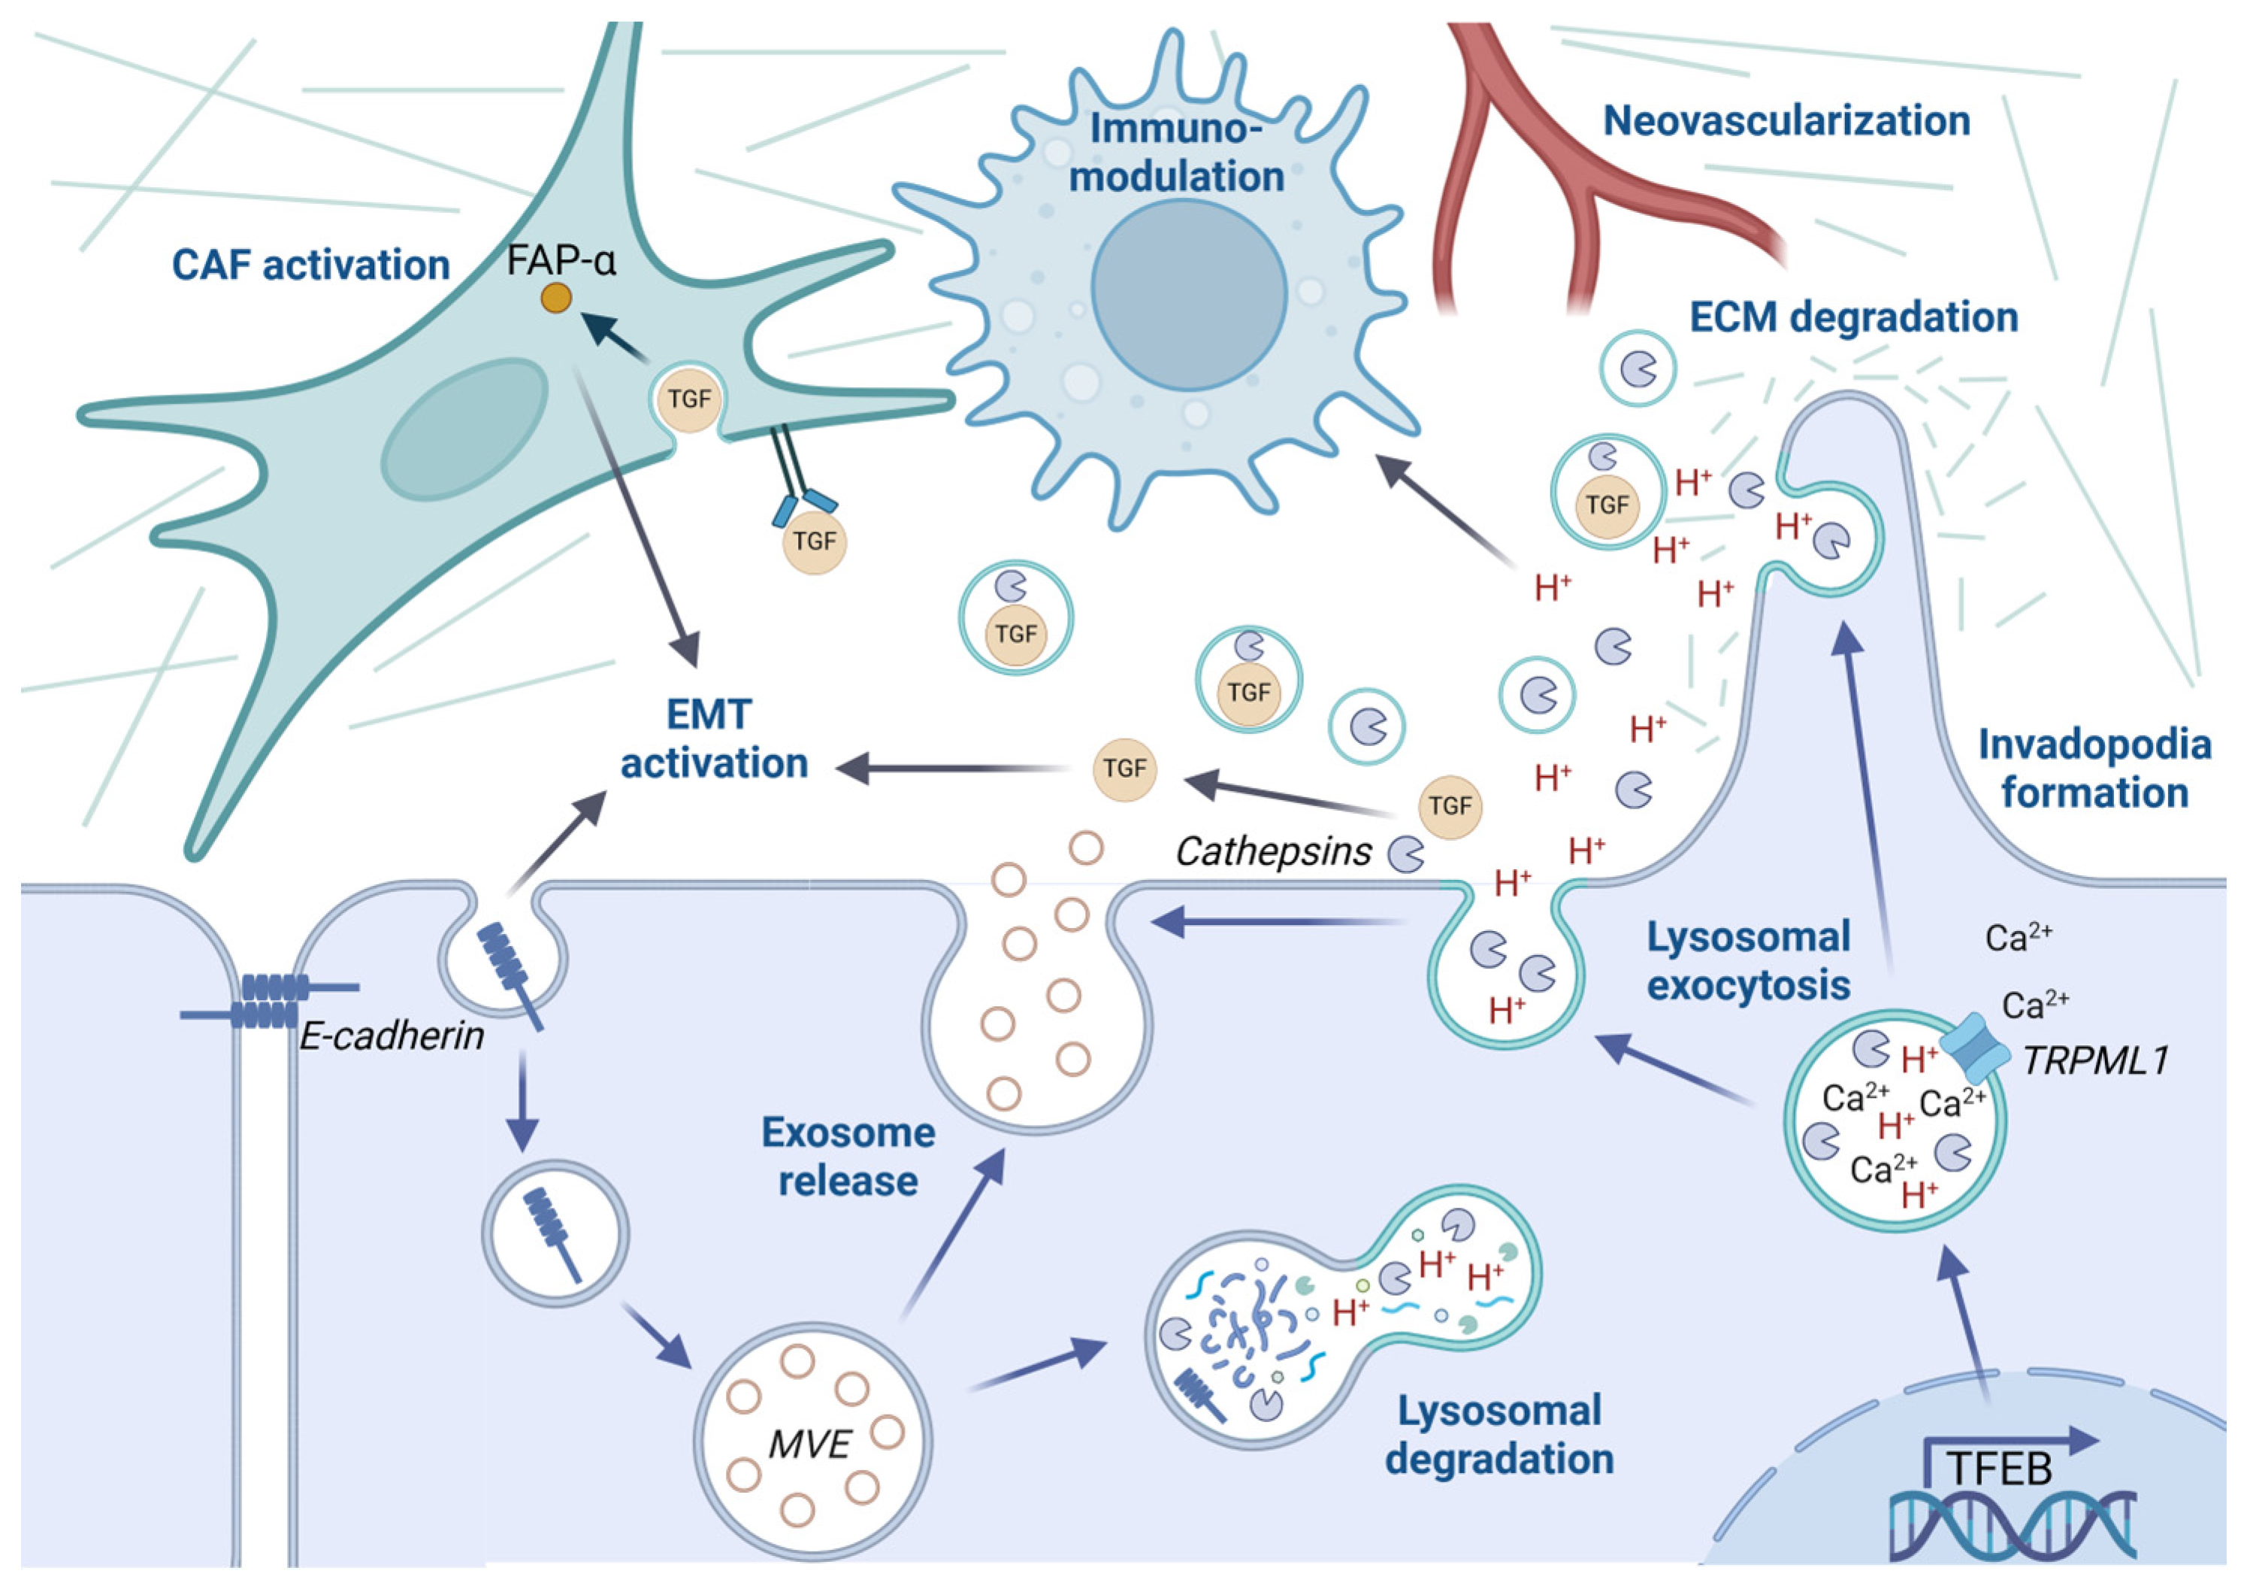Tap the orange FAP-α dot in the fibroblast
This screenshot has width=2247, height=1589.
point(556,298)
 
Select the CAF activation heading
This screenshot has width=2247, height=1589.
point(310,265)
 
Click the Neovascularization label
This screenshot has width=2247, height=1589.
point(1786,121)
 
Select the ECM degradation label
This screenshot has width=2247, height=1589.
point(1853,317)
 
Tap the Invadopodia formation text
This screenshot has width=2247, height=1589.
point(2094,769)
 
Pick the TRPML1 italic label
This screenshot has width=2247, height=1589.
point(2094,1060)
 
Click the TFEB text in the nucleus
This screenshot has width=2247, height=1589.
point(1998,1469)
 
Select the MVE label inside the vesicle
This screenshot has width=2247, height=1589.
point(809,1443)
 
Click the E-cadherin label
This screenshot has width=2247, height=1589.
point(392,1036)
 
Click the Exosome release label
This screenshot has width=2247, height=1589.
point(848,1157)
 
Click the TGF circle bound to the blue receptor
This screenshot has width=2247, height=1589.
point(814,541)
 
